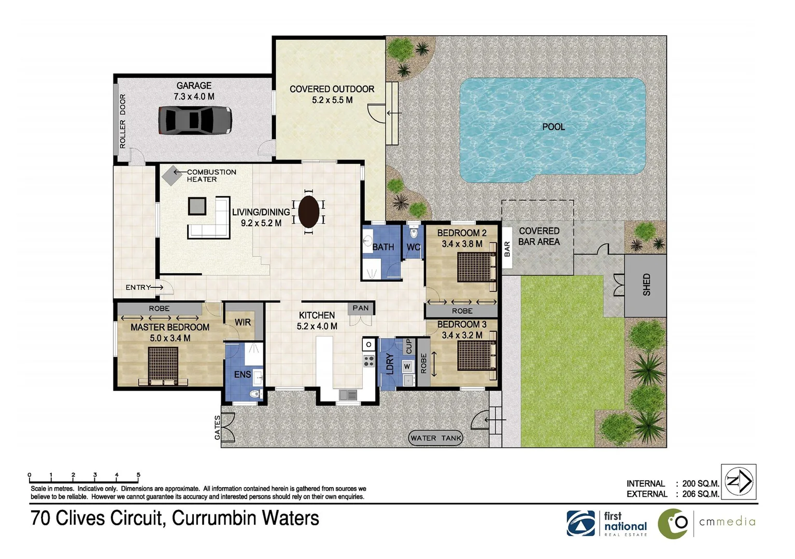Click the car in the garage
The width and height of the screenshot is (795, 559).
coord(195,120)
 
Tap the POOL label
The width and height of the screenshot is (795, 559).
coord(553,127)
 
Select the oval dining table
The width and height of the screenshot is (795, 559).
coord(309,212)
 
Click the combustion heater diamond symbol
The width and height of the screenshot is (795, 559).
coord(172,175)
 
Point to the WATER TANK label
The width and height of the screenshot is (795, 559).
coord(435,438)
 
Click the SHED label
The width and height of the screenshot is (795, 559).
coord(647,285)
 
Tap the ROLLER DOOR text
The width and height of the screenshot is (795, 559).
coord(122,121)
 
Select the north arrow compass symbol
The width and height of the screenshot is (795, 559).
coord(739,481)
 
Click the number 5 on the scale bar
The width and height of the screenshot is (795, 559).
coord(138,475)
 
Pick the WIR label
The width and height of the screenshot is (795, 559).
coord(243,322)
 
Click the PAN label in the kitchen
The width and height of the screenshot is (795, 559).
coord(361,308)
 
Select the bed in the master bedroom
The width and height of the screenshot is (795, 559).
coord(163,366)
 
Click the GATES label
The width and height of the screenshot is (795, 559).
coord(217,428)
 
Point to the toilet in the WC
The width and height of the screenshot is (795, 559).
coord(414,232)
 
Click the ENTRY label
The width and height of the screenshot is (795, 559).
coord(138,287)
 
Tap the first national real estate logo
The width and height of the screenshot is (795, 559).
coord(607,524)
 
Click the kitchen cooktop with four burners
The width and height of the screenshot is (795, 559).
coord(369,361)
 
